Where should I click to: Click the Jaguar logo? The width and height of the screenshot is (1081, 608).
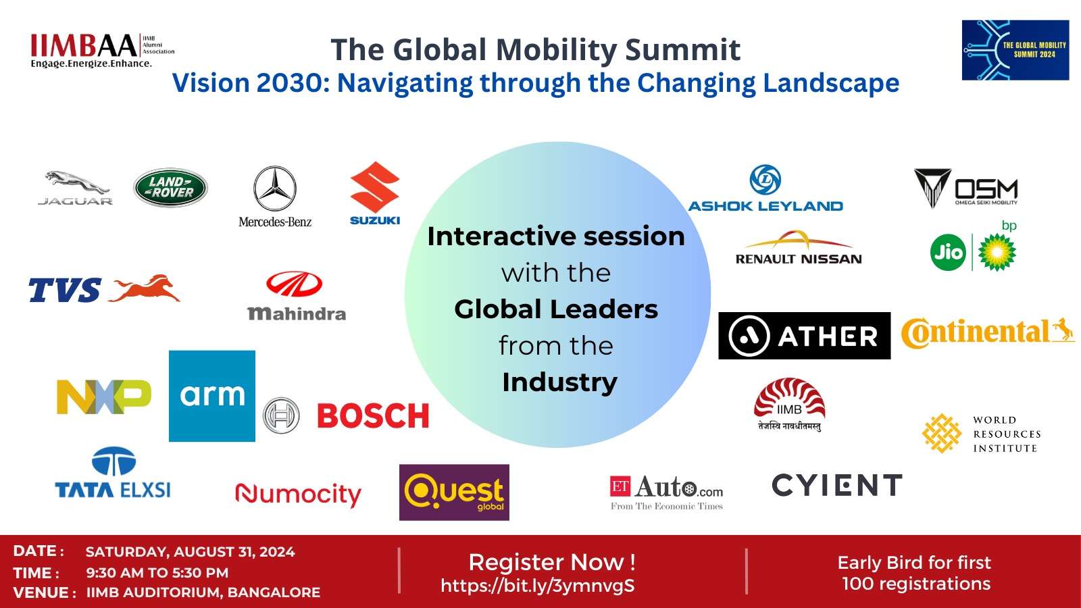pyautogui.click(x=75, y=187)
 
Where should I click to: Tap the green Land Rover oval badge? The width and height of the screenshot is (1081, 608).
pyautogui.click(x=170, y=188)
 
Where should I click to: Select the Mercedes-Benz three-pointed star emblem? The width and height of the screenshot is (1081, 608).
pyautogui.click(x=275, y=188)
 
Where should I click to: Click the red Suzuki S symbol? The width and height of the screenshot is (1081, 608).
pyautogui.click(x=375, y=187)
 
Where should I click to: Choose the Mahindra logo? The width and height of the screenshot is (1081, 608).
pyautogui.click(x=297, y=296)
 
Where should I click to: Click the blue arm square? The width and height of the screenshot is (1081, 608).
pyautogui.click(x=212, y=396)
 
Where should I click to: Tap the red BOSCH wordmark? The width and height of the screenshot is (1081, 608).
pyautogui.click(x=373, y=416)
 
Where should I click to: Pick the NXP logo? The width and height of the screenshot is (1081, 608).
pyautogui.click(x=104, y=397)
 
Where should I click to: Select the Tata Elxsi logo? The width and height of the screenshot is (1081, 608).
pyautogui.click(x=113, y=473)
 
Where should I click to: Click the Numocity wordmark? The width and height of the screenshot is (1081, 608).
pyautogui.click(x=298, y=495)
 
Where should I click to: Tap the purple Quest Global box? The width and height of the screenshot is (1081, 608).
pyautogui.click(x=454, y=492)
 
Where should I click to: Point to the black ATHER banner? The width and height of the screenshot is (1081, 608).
pyautogui.click(x=804, y=336)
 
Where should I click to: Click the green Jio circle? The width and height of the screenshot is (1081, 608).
pyautogui.click(x=948, y=253)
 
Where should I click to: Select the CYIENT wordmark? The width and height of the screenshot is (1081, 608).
pyautogui.click(x=837, y=485)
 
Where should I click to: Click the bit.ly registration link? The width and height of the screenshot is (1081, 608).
pyautogui.click(x=538, y=586)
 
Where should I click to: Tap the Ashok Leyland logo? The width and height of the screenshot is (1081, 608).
pyautogui.click(x=765, y=190)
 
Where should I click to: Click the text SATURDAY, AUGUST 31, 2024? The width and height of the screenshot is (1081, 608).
pyautogui.click(x=191, y=552)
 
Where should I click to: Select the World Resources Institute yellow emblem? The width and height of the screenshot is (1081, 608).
pyautogui.click(x=942, y=433)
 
